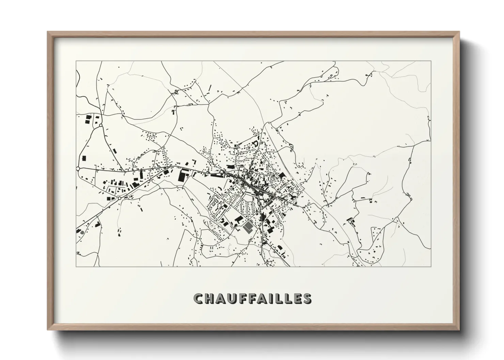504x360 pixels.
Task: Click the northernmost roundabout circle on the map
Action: [101, 126]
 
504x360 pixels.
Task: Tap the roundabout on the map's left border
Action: [78, 168]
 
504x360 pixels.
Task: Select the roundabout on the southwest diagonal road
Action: [120, 198]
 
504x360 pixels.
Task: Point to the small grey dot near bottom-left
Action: [82, 233]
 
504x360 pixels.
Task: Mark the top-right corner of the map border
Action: [431, 61]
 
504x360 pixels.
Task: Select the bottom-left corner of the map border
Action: [76, 266]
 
